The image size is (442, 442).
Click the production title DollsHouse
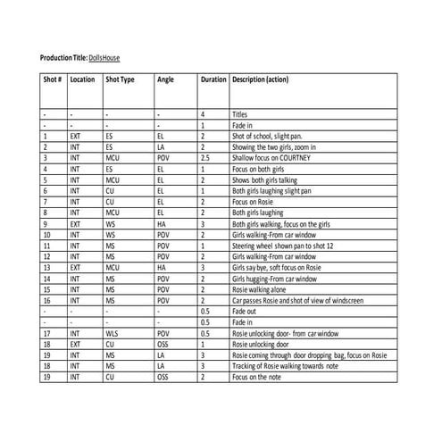click(104, 58)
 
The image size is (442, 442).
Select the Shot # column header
click(53, 79)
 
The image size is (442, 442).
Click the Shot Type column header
click(120, 79)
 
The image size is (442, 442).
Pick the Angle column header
click(166, 79)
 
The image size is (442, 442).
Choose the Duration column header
click(213, 79)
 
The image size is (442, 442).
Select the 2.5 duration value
click(206, 157)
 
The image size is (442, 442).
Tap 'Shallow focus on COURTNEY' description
click(271, 157)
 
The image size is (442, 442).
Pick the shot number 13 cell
click(47, 267)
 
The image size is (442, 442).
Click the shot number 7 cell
click(46, 201)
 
